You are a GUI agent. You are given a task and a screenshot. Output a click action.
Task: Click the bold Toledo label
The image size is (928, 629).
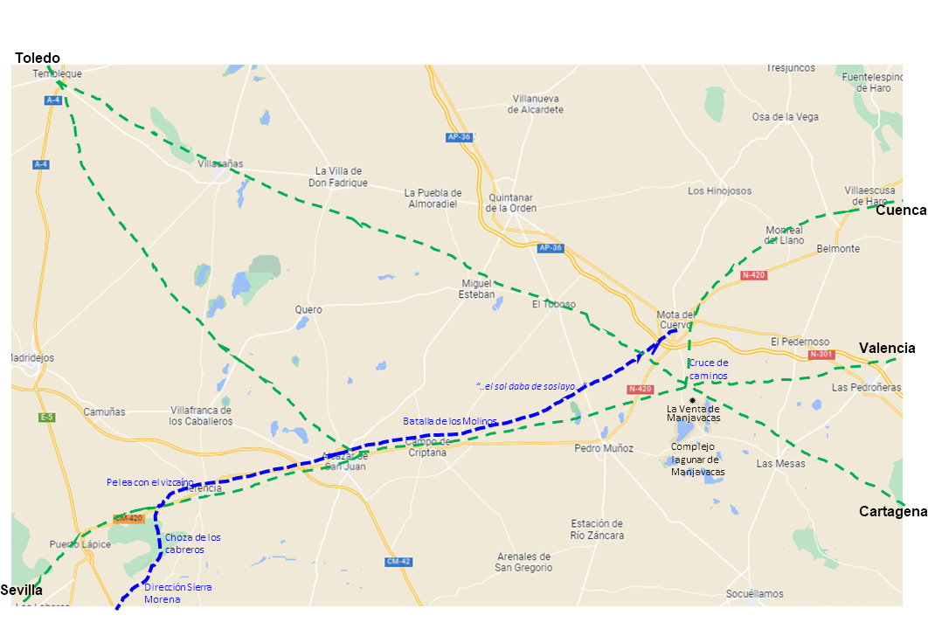(x=38, y=58)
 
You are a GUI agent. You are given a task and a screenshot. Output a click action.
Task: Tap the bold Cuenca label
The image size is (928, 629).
(x=901, y=211)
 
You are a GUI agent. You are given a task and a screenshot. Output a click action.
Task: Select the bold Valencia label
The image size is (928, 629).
(x=887, y=348)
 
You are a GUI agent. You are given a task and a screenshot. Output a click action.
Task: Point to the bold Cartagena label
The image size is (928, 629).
(x=892, y=511)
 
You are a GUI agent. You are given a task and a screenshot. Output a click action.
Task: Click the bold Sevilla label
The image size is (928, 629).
(x=21, y=590)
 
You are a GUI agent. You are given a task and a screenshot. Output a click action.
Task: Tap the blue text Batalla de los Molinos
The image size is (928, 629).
(x=449, y=421)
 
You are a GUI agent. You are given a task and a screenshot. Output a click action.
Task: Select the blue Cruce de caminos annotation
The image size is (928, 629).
(x=709, y=369)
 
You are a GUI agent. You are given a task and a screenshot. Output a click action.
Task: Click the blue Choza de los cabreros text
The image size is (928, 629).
(x=192, y=543)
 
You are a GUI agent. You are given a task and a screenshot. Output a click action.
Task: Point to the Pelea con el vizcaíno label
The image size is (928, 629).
(x=150, y=482)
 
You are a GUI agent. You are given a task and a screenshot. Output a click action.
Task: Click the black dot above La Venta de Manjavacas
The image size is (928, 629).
(x=692, y=399)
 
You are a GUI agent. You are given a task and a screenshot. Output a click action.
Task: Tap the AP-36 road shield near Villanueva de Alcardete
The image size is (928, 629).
(x=459, y=137)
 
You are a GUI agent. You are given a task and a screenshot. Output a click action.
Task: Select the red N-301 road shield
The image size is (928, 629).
(x=821, y=355)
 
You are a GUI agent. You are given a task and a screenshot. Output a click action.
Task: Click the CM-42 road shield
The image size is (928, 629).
(x=398, y=561)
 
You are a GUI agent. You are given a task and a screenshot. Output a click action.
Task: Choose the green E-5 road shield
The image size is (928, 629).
(x=47, y=418)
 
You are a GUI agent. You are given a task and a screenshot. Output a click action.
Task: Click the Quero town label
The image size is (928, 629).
(x=308, y=310)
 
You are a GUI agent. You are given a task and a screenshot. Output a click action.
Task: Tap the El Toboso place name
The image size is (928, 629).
(x=554, y=304)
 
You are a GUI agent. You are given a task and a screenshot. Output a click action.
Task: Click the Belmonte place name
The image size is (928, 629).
(x=838, y=249)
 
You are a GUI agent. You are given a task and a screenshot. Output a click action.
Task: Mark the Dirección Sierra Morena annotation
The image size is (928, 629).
(x=178, y=593)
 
